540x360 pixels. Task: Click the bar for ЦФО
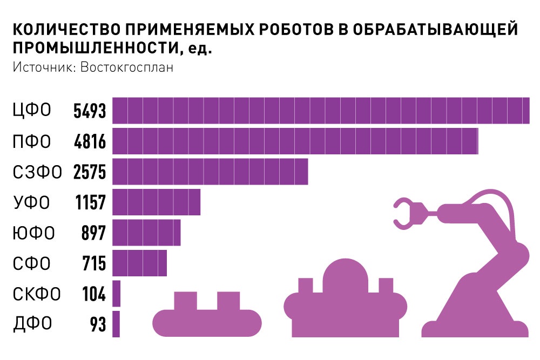click(x=321, y=111)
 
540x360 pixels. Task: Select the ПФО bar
click(x=295, y=141)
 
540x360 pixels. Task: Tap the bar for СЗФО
click(x=210, y=172)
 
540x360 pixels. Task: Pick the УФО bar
click(x=156, y=202)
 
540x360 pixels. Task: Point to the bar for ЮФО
click(x=146, y=233)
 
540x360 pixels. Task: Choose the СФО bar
click(x=139, y=263)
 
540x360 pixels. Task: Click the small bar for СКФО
click(x=116, y=294)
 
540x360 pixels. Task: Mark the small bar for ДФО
click(x=116, y=324)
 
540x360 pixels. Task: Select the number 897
click(x=94, y=234)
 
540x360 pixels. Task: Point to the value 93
click(x=98, y=325)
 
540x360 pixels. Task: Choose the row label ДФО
click(x=32, y=324)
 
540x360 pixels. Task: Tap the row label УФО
click(x=31, y=203)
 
